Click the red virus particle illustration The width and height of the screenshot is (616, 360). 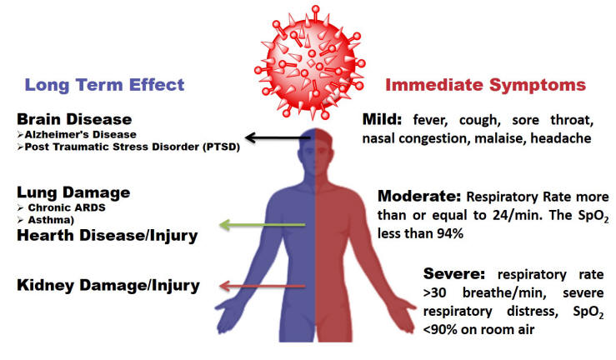pos(310,62)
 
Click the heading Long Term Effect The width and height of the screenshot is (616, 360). pos(104,85)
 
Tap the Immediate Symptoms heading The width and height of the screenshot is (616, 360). pos(486,85)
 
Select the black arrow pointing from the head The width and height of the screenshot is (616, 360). pos(278,137)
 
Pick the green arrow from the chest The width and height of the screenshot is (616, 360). pos(262,225)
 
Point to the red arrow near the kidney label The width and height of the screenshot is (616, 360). pos(262,286)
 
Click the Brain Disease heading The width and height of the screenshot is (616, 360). pos(74,119)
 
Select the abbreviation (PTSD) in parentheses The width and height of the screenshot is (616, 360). pos(221,147)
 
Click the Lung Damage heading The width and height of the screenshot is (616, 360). pos(73,192)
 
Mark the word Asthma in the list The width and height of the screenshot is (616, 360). pos(49,220)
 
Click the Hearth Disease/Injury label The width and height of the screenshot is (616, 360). pos(108,236)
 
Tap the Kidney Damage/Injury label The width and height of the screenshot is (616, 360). pos(108,285)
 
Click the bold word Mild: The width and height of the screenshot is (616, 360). pos(382,119)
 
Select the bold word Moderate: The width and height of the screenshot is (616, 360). pos(419,196)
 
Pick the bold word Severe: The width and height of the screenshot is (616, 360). pos(454,273)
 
